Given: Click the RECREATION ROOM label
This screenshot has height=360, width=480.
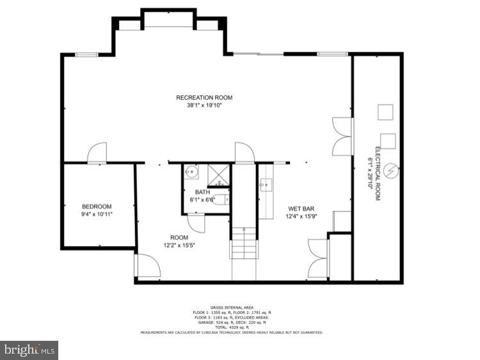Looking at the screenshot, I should click(x=204, y=97).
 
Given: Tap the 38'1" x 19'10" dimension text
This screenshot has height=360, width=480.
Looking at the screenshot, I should click(x=204, y=106).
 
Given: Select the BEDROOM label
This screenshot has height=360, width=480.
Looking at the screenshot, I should click(x=97, y=206).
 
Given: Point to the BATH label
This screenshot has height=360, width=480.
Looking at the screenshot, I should click(x=202, y=192).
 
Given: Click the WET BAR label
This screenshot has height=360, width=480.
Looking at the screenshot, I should click(x=300, y=209).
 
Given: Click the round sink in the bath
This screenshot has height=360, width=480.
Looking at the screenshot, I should click(x=191, y=172).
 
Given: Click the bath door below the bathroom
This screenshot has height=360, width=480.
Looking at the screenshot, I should click(x=196, y=224).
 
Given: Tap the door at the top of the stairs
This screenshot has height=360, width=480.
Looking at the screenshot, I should click(x=244, y=152).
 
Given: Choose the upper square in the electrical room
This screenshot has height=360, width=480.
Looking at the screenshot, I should click(x=385, y=111).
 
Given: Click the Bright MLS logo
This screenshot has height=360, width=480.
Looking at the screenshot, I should click(x=29, y=350).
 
